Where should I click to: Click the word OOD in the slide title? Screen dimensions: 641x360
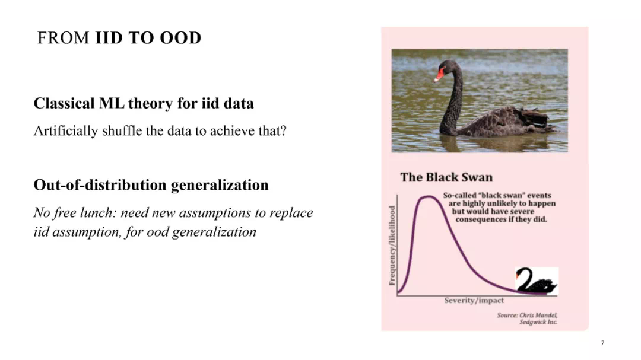180,37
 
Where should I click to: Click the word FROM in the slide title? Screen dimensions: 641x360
63,37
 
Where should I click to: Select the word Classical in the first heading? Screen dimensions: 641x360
64,103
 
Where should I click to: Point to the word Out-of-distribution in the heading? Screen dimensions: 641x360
100,184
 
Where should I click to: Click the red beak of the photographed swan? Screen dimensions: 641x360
439,75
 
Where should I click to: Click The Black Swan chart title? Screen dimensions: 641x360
446,177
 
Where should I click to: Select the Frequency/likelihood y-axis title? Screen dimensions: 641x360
392,245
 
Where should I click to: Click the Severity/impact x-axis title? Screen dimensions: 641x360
474,300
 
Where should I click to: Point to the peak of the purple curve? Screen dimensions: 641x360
428,197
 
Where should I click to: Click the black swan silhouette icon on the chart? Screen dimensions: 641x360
537,281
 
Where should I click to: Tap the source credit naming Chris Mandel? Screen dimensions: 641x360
528,318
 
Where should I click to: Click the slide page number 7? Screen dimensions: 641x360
602,342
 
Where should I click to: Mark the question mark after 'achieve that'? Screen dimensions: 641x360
283,130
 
